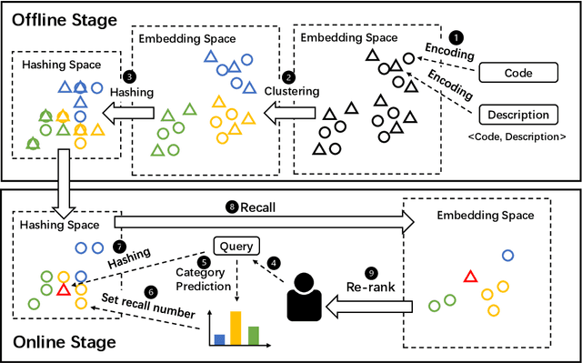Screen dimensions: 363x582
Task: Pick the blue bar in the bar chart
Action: coord(218,338)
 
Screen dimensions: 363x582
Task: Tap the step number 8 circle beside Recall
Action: coord(232,207)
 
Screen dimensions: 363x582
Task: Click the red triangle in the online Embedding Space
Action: coord(470,276)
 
